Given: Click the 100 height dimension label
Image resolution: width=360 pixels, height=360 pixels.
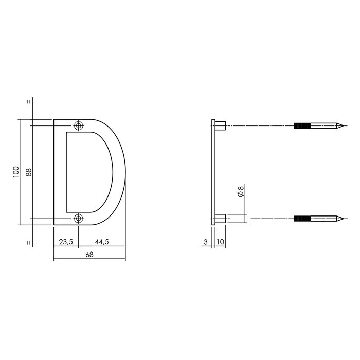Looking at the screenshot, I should coord(16,172).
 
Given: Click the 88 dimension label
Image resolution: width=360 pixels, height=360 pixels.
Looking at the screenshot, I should coord(29,172).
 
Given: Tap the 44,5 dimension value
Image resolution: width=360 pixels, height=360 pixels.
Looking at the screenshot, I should coord(101,241).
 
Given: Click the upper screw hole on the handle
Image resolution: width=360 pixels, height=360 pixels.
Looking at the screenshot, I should coord(79,125).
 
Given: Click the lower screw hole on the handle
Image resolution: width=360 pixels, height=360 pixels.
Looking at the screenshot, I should coord(79,219).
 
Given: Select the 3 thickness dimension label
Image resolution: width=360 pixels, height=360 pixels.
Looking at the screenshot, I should coord(206,241).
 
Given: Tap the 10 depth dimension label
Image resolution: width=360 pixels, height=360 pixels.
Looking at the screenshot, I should coord(220,241).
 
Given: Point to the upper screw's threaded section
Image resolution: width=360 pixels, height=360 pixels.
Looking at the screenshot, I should coord(303,125).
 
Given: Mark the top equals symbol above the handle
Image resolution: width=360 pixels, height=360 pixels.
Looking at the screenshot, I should coord(29,101).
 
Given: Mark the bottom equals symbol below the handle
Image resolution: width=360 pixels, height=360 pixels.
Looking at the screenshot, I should coord(29,241).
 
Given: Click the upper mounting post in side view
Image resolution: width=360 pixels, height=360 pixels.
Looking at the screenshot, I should coord(220,125).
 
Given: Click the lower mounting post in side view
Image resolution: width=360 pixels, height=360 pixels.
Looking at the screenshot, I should coord(220,218).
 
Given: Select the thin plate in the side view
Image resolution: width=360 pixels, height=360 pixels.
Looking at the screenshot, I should coord(213,172).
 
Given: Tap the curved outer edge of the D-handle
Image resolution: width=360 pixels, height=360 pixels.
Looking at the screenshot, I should coord(123,172).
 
